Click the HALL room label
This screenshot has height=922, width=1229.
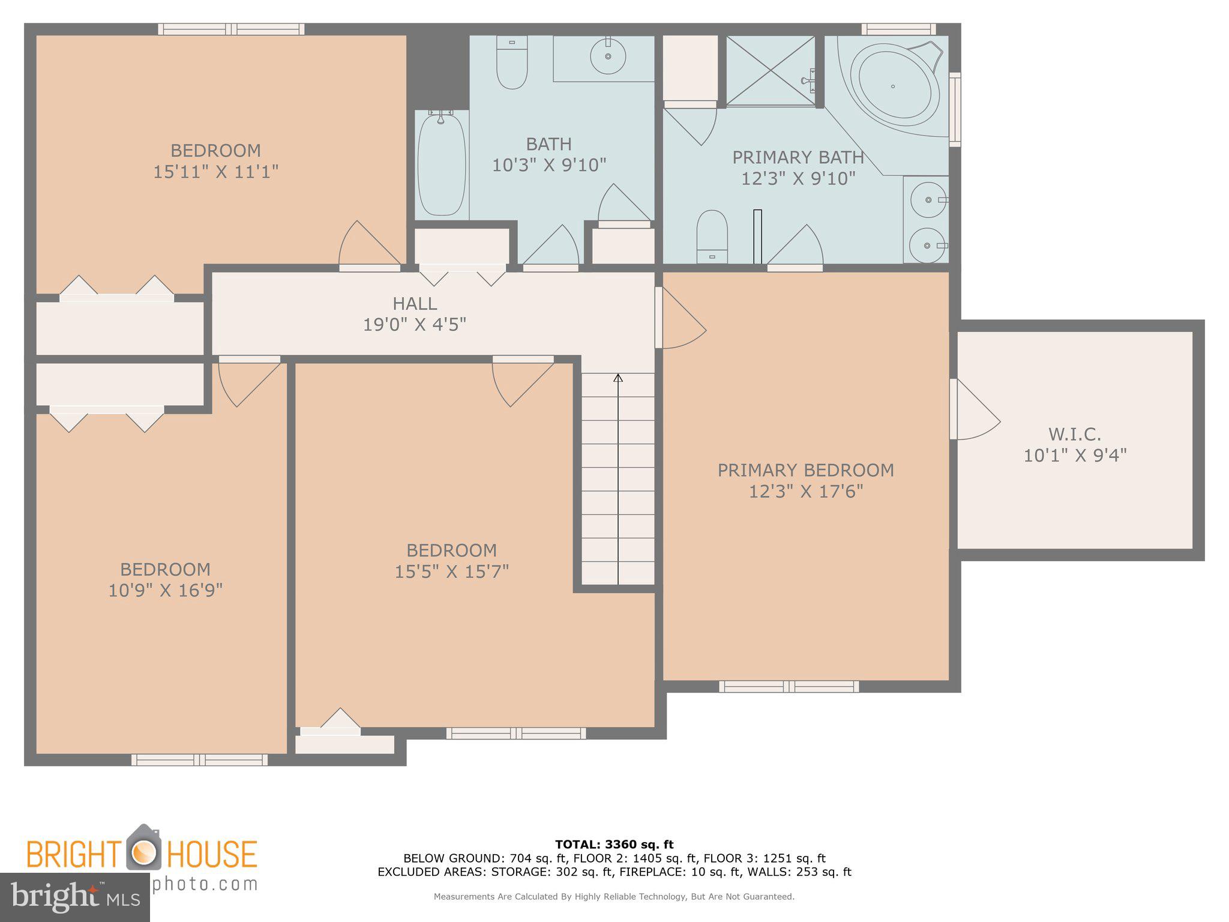point(415,304)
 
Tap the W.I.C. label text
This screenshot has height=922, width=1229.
point(1074,434)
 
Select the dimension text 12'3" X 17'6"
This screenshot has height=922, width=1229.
point(805,492)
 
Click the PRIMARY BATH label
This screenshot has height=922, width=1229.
point(798,158)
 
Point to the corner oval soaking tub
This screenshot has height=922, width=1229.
point(898,87)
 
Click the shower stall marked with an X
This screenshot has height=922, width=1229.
point(771,71)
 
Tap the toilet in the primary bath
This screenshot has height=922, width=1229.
point(712,236)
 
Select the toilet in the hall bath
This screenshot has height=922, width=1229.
point(512,62)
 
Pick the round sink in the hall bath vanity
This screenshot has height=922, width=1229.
point(608,56)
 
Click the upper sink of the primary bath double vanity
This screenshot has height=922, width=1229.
point(927,199)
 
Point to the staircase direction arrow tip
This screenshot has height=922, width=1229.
point(618,376)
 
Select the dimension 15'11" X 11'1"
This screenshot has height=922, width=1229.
point(215,172)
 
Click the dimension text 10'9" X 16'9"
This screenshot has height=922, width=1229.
point(165,591)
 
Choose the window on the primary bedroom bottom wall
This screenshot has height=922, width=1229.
point(789,686)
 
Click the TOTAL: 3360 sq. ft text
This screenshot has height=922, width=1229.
point(614,845)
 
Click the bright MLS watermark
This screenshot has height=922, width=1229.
point(74,897)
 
